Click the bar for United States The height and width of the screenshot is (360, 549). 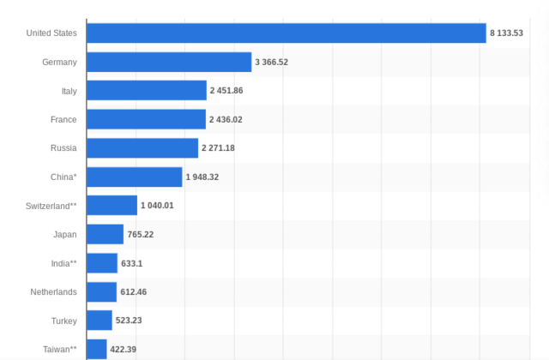point(287,33)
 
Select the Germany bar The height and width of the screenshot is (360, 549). point(169,62)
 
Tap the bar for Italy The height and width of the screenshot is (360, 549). point(147,91)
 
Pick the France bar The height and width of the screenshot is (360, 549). point(146,119)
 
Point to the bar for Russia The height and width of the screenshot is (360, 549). point(142,148)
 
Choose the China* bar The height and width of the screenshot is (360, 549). point(135,177)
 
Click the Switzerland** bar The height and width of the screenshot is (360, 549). point(112,206)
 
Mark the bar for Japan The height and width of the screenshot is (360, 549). point(106,234)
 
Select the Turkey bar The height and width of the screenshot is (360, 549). point(100,321)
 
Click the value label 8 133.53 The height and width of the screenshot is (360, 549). point(506,33)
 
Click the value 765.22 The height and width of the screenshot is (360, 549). point(141,234)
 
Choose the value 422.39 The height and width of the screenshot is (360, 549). point(124,350)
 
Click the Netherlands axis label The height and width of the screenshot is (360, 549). point(53,292)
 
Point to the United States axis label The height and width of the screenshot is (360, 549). point(51,33)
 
